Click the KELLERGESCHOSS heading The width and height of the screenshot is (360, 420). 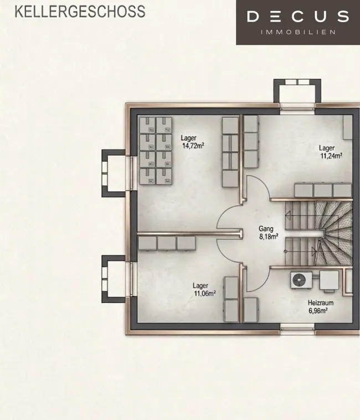[x=80, y=12]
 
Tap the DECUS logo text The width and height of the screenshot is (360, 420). [x=297, y=16]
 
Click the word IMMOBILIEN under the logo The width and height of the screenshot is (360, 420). [x=298, y=32]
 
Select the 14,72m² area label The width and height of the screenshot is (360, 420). [x=193, y=146]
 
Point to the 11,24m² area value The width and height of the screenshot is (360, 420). [x=331, y=156]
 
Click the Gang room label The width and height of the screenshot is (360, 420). [x=266, y=229]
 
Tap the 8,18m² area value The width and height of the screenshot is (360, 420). [x=269, y=237]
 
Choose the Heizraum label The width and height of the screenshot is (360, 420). [x=321, y=303]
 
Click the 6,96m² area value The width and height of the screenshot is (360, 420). [x=318, y=311]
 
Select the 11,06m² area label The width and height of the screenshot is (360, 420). [x=205, y=294]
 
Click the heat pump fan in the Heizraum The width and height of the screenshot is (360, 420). [x=299, y=280]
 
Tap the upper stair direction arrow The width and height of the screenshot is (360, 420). [x=288, y=214]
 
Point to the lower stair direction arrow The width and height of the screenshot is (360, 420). [x=313, y=252]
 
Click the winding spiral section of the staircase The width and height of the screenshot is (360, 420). [x=335, y=233]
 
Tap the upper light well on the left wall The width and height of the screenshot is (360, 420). [x=114, y=173]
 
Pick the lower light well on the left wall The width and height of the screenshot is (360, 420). [x=114, y=279]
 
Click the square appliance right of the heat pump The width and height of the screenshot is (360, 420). [x=329, y=280]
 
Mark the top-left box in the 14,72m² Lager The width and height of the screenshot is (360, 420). [x=148, y=125]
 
